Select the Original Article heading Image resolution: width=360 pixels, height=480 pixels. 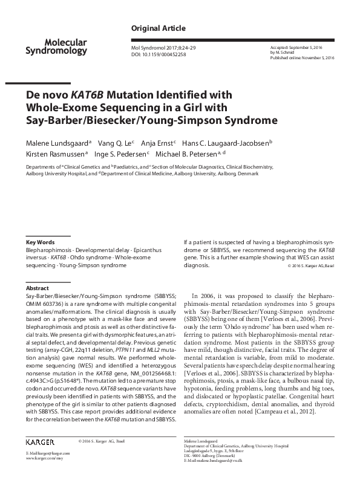click(158, 28)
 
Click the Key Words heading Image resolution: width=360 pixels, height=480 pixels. click(40, 242)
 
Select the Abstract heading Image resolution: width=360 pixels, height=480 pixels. click(38, 289)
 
